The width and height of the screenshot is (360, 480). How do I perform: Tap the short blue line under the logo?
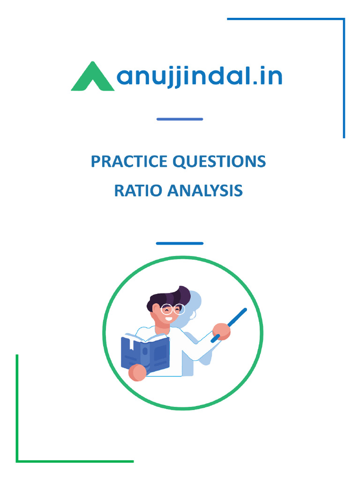180,119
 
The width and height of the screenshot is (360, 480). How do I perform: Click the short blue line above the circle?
180,243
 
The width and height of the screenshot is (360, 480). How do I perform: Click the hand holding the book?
138,373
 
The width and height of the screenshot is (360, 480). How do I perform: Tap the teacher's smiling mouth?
169,318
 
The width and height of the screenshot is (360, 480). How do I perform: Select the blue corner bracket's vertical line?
344,80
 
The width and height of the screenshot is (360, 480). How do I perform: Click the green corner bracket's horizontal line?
75,461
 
